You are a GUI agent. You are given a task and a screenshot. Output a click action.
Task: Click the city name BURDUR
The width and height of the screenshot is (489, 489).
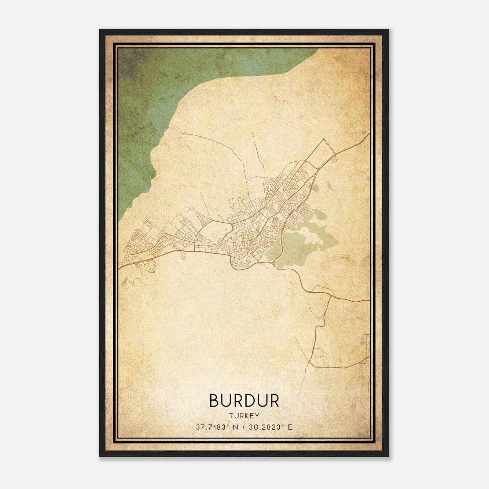244,401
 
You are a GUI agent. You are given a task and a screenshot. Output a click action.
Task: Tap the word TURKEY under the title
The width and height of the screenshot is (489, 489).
244,416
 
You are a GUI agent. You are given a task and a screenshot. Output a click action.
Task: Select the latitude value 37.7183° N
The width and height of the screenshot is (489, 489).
218,427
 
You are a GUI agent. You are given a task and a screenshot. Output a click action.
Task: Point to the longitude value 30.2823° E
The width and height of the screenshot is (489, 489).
270,427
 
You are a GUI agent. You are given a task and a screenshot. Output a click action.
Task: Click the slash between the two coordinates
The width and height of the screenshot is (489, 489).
244,427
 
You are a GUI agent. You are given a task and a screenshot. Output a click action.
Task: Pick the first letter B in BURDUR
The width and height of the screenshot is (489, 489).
214,401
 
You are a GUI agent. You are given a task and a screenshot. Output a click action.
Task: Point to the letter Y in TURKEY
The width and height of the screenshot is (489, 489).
257,416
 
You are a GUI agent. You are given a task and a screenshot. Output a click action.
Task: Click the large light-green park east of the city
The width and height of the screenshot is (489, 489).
303,241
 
